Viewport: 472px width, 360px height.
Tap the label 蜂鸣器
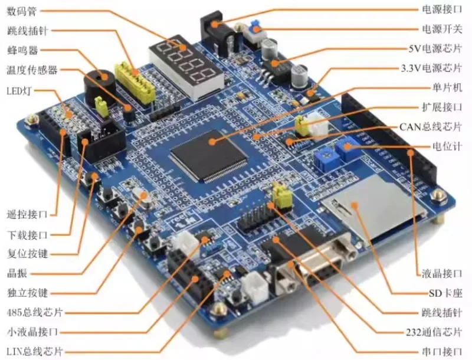[22, 50]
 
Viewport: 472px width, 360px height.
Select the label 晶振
[17, 273]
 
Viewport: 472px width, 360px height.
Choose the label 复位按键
[27, 253]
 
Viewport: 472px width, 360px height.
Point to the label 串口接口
[442, 351]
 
